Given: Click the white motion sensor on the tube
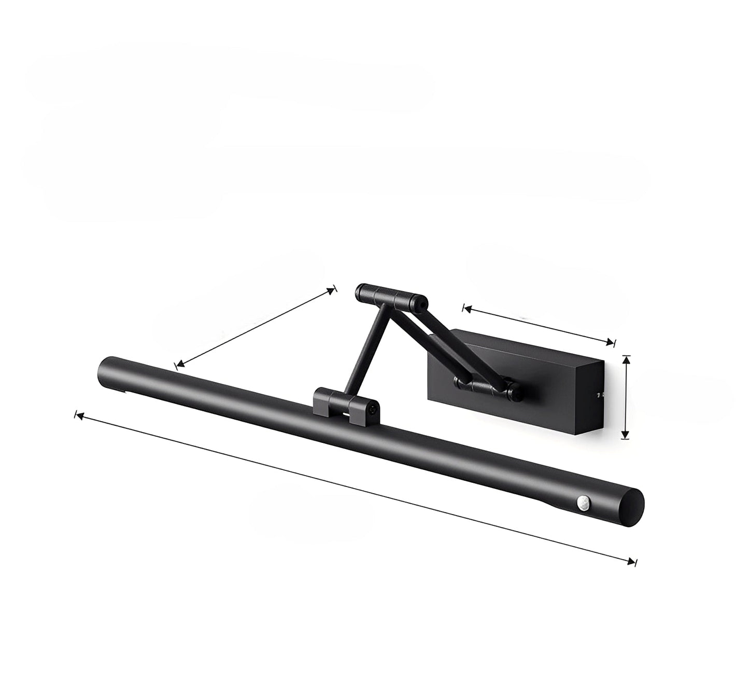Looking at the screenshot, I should click(x=581, y=502).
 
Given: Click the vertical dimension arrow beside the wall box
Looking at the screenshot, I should click(x=626, y=397).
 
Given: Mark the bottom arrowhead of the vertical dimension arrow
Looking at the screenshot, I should click(x=626, y=436).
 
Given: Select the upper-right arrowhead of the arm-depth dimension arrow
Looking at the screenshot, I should click(x=332, y=291).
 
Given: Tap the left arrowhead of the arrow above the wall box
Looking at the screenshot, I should click(x=467, y=310).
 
